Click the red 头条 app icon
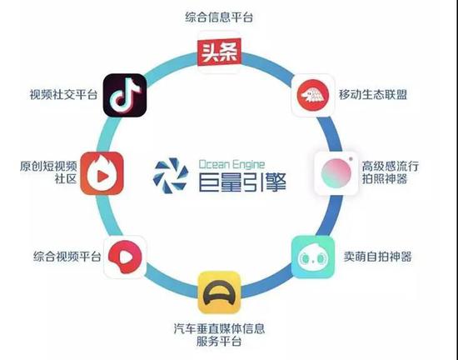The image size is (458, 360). coord(219,52)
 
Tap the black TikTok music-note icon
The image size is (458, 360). coord(125,95)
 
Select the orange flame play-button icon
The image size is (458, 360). coord(102,173)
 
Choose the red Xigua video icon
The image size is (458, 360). coord(125,257)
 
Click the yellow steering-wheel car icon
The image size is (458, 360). coord(219,292)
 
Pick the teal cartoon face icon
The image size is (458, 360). coord(313,257)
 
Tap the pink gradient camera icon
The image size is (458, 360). coord(336,173)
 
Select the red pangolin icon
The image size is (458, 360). coord(313,95)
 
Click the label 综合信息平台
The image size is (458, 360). coord(219,17)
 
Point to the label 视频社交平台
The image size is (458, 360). coord(63,94)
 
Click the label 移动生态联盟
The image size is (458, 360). coord(373,94)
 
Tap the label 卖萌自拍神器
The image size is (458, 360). coord(378,257)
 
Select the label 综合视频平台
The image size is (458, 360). coord(67,257)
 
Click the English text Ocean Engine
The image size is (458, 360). coord(232,164)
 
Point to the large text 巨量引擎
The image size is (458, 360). coord(242,182)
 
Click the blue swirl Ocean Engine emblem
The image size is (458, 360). coord(171,176)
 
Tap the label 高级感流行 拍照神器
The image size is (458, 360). coord(391,172)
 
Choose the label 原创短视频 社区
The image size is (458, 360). coord(48,172)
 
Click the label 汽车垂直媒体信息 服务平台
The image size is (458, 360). coord(219,334)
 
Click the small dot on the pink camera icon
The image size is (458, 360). coord(351,159)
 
